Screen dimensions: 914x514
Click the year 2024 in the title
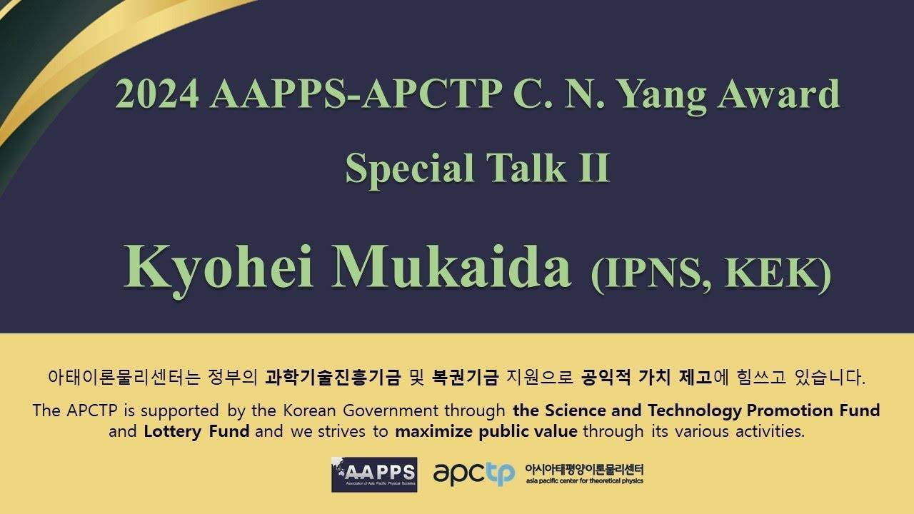point(157,94)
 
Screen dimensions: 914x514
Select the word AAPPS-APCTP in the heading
point(356,94)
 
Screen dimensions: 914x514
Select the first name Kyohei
point(219,270)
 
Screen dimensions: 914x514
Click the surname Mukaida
point(451,266)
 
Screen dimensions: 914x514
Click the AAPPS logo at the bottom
point(374,475)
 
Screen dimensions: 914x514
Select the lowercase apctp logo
point(474,475)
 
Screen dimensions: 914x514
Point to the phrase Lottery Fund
point(196,432)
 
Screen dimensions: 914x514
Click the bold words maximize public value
point(486,432)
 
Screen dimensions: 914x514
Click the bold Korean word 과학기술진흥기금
point(333,377)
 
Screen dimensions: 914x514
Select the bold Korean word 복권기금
point(465,377)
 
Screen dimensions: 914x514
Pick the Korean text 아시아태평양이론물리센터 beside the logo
point(584,469)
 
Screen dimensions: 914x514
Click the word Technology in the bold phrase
point(694,410)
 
